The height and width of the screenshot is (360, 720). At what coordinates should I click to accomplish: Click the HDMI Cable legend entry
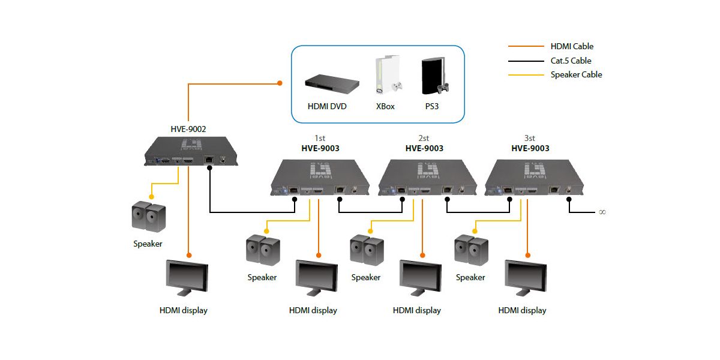571,46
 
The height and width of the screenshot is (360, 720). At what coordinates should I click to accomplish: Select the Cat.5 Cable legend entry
571,61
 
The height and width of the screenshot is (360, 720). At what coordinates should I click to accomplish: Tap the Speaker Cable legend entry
576,75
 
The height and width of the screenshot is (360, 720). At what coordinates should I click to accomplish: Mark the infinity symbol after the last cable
602,212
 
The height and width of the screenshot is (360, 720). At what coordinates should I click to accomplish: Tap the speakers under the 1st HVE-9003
262,250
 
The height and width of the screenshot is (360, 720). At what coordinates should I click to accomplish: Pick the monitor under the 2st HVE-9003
420,278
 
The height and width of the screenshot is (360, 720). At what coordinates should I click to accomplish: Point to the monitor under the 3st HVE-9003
526,278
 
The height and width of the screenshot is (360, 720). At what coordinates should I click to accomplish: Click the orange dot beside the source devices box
280,83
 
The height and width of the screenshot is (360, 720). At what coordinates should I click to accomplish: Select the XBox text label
385,106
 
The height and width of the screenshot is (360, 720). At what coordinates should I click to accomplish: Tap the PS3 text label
434,106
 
